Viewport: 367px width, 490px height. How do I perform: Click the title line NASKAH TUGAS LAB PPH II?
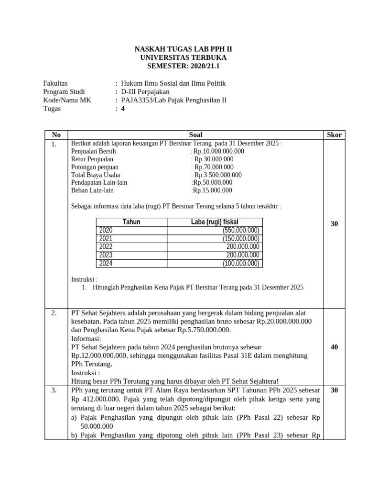[x=183, y=49]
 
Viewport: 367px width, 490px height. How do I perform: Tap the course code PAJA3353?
[x=136, y=100]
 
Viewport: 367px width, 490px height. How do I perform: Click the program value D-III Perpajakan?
[x=145, y=91]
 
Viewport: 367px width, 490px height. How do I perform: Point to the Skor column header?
[x=334, y=135]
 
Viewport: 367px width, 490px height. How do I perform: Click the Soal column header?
[x=195, y=135]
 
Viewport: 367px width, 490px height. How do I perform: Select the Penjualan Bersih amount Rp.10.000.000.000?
[x=218, y=151]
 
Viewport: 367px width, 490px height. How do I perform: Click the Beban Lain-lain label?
[x=92, y=190]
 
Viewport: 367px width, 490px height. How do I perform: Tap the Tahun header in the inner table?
[x=131, y=222]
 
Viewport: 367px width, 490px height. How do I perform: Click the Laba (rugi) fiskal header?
[x=215, y=222]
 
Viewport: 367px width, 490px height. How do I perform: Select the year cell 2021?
[x=106, y=239]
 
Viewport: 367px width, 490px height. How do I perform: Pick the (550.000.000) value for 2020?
[x=241, y=231]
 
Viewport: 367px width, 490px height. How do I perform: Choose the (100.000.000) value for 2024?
[x=241, y=263]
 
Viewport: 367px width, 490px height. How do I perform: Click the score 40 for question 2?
[x=334, y=347]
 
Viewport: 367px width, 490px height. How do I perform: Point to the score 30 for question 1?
[x=334, y=224]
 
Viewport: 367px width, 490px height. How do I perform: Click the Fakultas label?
[x=55, y=83]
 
